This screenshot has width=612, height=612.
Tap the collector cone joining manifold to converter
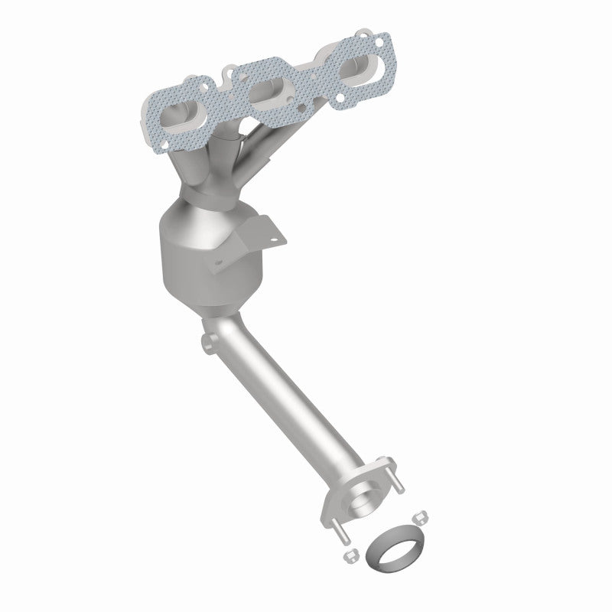(191, 172)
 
